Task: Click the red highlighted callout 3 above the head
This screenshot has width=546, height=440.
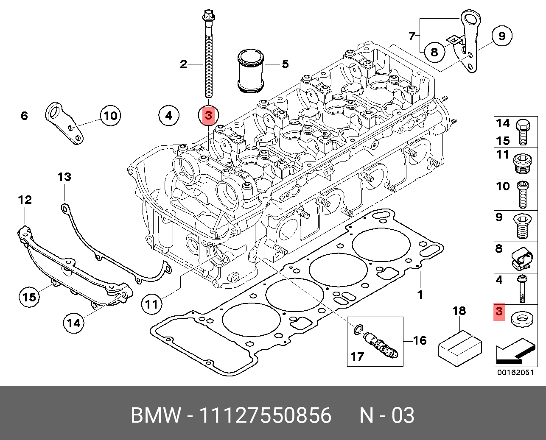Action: click(x=208, y=115)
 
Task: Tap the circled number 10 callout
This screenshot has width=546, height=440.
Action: click(x=110, y=115)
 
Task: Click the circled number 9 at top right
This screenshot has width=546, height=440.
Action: click(x=501, y=36)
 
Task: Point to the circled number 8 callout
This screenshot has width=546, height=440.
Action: click(x=434, y=52)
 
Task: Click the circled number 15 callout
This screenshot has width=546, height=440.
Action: click(x=29, y=297)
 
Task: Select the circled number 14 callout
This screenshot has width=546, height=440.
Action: click(x=73, y=323)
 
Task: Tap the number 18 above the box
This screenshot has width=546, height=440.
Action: click(x=459, y=311)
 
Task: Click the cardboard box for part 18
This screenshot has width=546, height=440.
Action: click(x=459, y=348)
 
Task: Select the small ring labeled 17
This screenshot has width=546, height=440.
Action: click(x=358, y=328)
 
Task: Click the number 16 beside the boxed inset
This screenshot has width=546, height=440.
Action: click(x=420, y=340)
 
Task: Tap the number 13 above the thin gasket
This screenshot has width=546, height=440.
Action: click(x=64, y=177)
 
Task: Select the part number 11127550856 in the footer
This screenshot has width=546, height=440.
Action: click(x=265, y=415)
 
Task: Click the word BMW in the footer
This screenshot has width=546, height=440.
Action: click(x=155, y=415)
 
